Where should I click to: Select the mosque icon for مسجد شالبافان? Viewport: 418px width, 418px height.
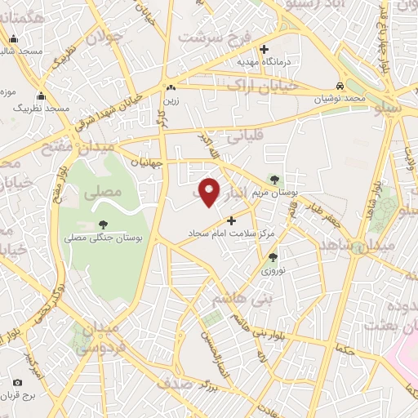pyautogui.click(x=13, y=38)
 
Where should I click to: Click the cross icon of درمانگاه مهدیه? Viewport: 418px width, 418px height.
pyautogui.click(x=286, y=48)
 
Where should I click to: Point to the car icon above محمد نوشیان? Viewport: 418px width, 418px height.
pyautogui.click(x=340, y=86)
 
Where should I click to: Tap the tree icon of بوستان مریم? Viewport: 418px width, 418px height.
pyautogui.click(x=273, y=180)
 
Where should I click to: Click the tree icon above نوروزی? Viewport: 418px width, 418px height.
pyautogui.click(x=273, y=257)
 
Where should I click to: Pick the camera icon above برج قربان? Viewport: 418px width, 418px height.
pyautogui.click(x=18, y=382)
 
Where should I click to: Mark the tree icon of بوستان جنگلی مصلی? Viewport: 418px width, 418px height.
pyautogui.click(x=103, y=225)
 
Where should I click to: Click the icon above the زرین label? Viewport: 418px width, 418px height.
pyautogui.click(x=171, y=87)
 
